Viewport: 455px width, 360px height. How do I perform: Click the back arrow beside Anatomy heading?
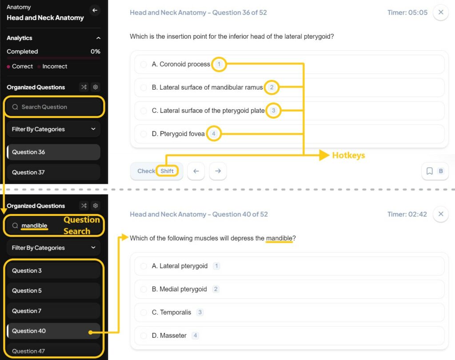(94, 10)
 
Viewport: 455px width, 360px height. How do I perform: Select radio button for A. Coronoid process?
(144, 64)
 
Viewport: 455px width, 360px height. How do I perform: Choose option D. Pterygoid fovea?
(144, 134)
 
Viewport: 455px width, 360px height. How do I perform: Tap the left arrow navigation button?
(196, 171)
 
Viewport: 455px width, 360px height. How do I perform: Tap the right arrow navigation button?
(218, 171)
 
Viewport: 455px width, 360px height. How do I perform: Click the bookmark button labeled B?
(435, 171)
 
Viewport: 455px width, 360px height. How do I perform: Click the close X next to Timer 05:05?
(441, 12)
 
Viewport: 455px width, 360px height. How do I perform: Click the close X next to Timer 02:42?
(441, 214)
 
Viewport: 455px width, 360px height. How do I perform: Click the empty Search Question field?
(54, 107)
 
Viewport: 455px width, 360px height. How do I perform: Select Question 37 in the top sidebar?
(53, 172)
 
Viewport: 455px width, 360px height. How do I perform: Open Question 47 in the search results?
(53, 351)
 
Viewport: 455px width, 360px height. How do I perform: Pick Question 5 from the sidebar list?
(53, 291)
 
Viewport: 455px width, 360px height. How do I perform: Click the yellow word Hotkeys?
(348, 155)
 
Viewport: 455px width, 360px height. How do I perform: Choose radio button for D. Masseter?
(144, 336)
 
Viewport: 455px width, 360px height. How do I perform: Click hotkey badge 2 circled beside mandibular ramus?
(271, 87)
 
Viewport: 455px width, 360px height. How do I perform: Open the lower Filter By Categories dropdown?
(53, 248)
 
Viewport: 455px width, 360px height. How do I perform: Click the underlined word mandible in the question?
(279, 238)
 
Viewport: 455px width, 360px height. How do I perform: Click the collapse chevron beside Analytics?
(98, 38)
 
